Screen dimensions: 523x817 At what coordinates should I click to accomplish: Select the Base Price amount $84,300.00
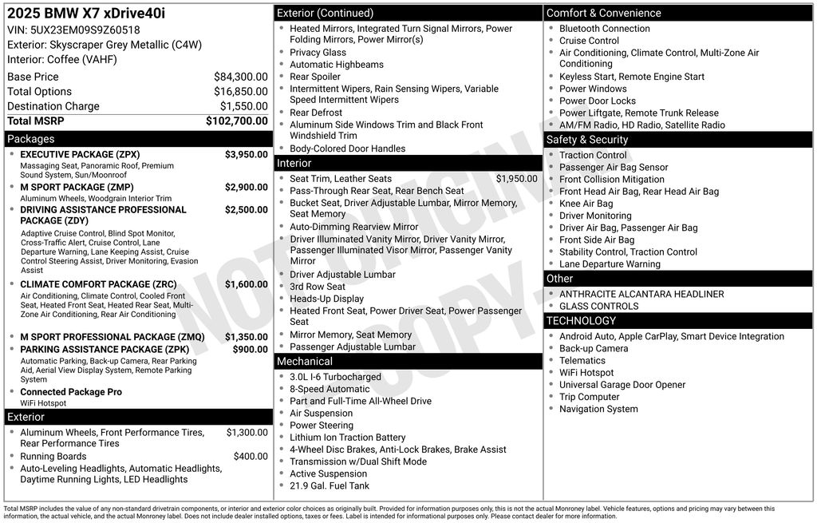click(x=240, y=77)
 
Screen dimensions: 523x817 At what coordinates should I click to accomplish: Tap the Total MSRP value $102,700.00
click(x=236, y=121)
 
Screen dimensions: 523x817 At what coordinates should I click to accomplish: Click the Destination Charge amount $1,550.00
click(x=243, y=106)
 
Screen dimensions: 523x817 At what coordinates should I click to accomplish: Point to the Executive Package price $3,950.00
click(x=246, y=154)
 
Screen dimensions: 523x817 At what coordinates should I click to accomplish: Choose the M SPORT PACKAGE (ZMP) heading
click(x=77, y=187)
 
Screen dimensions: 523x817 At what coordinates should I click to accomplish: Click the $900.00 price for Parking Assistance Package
click(x=250, y=349)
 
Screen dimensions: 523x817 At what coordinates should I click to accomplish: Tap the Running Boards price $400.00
click(x=251, y=456)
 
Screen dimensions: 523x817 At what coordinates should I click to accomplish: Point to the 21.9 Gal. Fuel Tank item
click(x=330, y=485)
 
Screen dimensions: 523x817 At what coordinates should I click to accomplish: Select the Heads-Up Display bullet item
click(x=326, y=299)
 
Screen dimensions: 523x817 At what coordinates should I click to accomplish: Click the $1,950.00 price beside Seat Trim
click(x=516, y=179)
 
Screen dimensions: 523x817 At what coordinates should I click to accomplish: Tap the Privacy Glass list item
click(x=318, y=53)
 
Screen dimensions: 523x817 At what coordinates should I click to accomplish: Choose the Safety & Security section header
click(x=586, y=140)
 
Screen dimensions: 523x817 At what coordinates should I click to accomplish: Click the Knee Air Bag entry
click(x=586, y=204)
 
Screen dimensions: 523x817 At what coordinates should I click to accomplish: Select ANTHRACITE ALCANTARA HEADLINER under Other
click(x=630, y=294)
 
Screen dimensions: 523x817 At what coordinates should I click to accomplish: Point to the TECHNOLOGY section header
click(x=581, y=321)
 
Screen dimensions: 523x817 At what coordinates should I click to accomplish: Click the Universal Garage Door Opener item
click(x=622, y=385)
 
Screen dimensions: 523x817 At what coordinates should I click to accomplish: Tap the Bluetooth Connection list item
click(x=604, y=29)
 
